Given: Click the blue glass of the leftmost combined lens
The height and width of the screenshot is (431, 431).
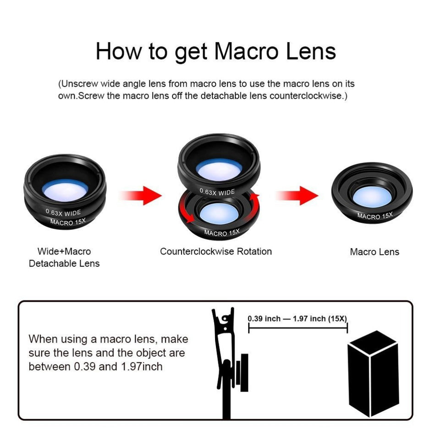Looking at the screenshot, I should point(66,189).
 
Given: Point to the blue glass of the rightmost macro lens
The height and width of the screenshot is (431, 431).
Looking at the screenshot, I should point(372,196).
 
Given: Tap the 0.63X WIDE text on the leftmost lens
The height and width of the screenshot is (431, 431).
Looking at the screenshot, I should point(63,212).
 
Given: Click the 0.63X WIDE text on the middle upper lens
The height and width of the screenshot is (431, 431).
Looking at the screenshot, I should point(217,192).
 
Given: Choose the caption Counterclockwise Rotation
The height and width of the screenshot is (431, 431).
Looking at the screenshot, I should point(215,251).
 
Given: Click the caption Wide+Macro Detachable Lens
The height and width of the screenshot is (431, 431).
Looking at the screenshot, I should point(64,257).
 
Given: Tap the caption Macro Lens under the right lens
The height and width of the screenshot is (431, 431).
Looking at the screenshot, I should point(375,252).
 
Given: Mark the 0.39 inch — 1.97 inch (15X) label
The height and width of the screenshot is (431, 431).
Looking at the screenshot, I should point(297,318).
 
